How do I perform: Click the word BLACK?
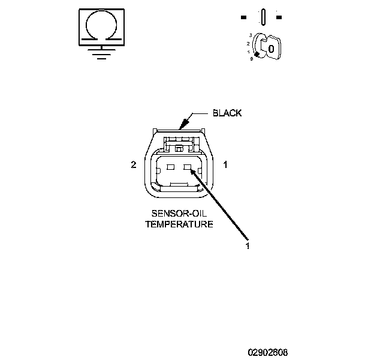(x=227, y=113)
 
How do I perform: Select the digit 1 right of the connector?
(x=225, y=164)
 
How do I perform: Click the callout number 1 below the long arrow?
(x=246, y=245)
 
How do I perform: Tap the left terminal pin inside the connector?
(x=170, y=168)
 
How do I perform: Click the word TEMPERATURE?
(x=179, y=224)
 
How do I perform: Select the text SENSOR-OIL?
(x=179, y=214)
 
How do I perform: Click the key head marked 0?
(x=271, y=47)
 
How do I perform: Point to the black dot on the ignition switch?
(x=258, y=56)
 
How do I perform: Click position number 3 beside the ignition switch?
(x=249, y=35)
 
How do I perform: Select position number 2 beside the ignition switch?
(x=248, y=44)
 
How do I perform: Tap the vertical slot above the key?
(x=263, y=16)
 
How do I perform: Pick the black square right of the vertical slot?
(x=279, y=16)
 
